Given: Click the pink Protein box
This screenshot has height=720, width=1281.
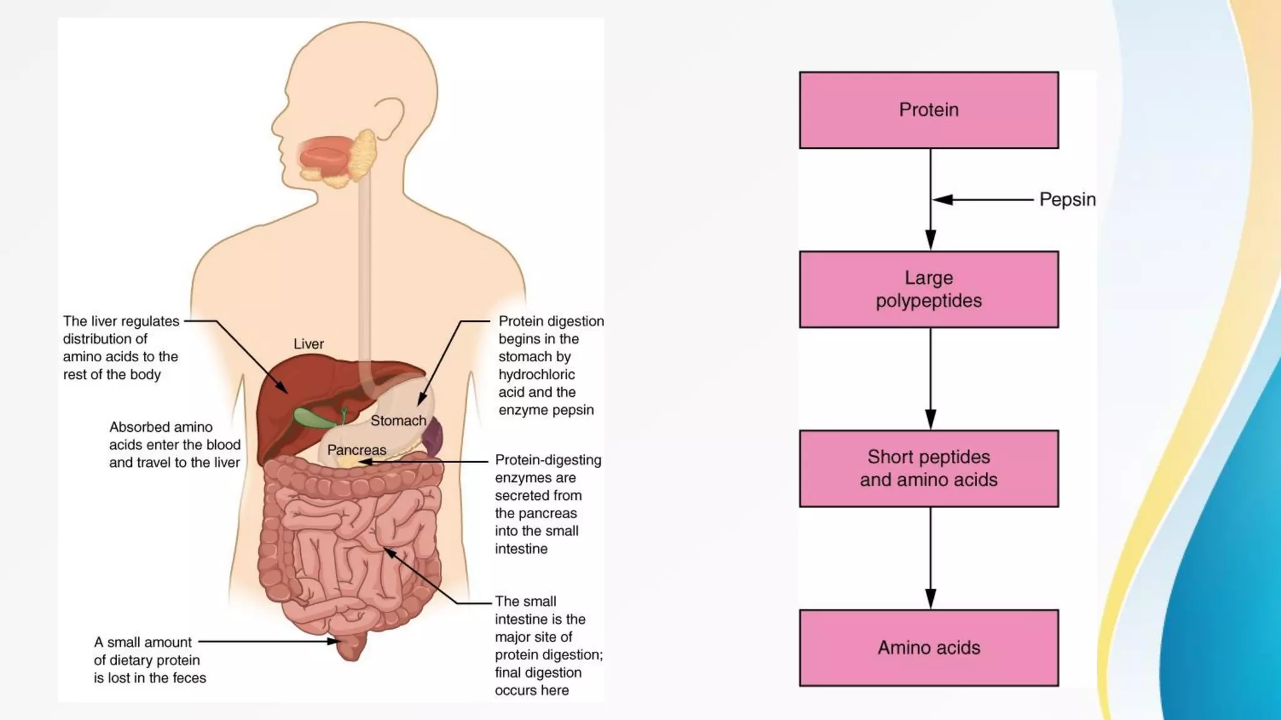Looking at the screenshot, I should [929, 110].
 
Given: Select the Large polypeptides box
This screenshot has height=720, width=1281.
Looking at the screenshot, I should [929, 289].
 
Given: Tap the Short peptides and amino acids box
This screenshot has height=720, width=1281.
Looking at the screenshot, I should [929, 468].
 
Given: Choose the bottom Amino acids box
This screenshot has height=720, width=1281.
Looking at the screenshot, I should [929, 647].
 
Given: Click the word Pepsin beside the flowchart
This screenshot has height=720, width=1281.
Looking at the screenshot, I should [1067, 199].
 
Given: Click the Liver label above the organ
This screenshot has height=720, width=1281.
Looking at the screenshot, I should [308, 344].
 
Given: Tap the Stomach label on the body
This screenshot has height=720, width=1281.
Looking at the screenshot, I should [398, 421].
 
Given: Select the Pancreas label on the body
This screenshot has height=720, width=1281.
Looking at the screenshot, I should [357, 450].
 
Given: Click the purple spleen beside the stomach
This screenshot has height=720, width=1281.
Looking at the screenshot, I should [433, 436].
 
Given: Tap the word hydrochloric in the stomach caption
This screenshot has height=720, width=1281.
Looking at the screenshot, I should [536, 374].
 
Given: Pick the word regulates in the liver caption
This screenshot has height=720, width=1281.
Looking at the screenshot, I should [150, 321].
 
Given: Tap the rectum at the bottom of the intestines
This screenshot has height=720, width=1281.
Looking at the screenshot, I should [351, 647].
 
